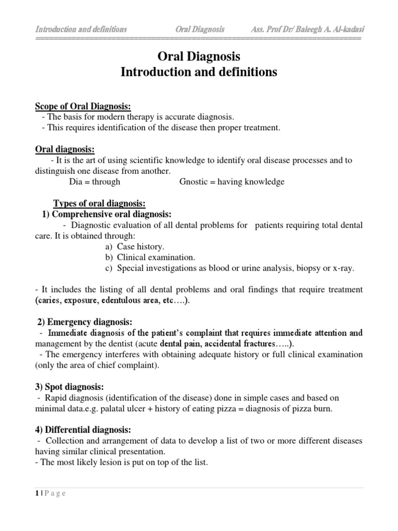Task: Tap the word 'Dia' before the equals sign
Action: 76,181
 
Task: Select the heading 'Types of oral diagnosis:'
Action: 100,203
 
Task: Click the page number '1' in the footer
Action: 37,493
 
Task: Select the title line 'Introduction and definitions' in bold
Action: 198,72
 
